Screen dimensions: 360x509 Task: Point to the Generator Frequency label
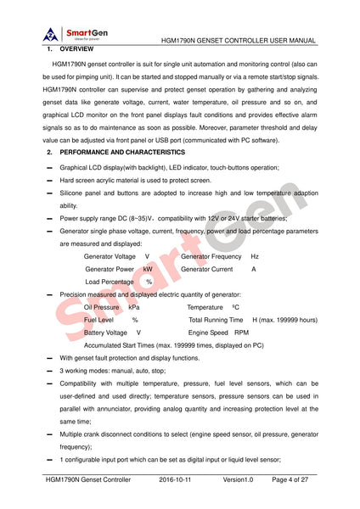pos(211,256)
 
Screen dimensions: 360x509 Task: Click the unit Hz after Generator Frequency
pos(255,256)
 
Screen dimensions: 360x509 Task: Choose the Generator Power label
pos(110,269)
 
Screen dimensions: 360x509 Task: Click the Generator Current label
pos(207,269)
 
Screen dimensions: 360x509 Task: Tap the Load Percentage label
pos(110,282)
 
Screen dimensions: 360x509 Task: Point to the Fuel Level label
pos(98,320)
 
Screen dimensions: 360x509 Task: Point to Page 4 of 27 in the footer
pos(294,480)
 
